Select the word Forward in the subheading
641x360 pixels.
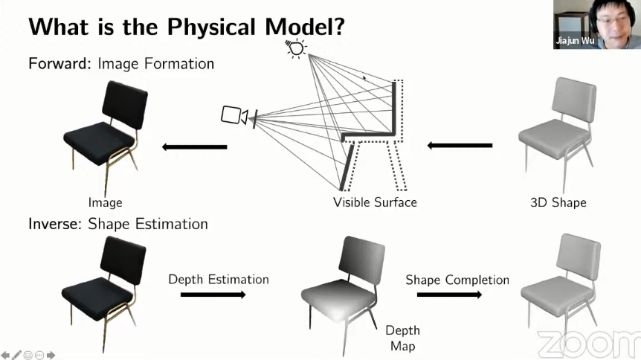(59, 64)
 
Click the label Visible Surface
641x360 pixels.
(375, 202)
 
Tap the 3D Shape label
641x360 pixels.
(558, 202)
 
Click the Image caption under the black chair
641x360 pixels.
(105, 202)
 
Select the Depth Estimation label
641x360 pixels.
(219, 280)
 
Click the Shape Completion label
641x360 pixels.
(457, 280)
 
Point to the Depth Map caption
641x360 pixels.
(402, 338)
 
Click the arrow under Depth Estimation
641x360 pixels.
(213, 295)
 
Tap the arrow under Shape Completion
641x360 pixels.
(448, 295)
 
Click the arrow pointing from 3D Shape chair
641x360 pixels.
(460, 145)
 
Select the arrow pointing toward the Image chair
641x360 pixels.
(194, 147)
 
